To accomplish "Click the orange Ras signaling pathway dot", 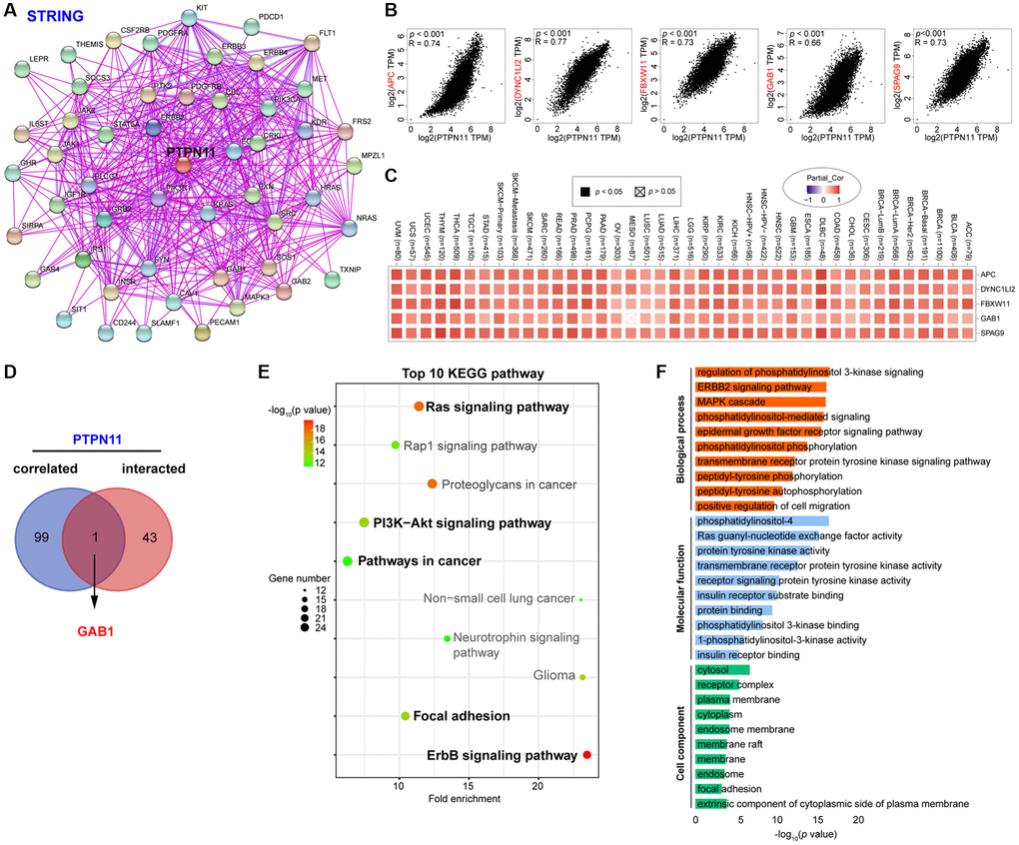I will click(419, 407).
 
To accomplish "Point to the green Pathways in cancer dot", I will click(348, 560).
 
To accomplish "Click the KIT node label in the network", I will click(203, 9).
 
